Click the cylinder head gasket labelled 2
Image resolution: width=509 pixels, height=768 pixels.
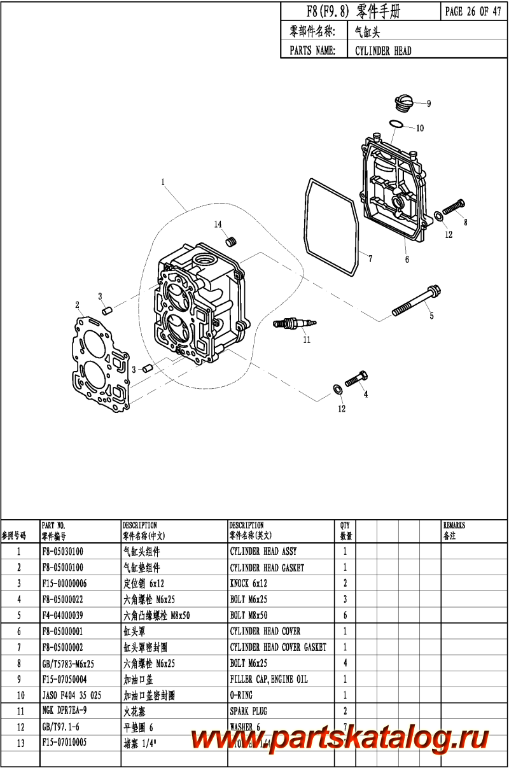pos(102,363)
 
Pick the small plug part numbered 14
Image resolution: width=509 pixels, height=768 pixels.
pos(232,242)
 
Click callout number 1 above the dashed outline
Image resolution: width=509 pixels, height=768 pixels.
pos(163,182)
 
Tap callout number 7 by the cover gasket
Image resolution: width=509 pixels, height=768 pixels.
pos(370,258)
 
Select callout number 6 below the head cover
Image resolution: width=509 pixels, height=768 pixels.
pos(407,259)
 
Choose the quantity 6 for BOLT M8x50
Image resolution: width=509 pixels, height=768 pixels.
pos(345,615)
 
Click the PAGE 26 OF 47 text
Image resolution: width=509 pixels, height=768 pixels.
pos(473,12)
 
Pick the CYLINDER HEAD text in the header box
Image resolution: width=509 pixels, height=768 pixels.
pos(383,51)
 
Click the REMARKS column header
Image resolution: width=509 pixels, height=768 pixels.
pos(454,526)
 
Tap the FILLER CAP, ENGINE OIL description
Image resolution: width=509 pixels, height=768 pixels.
pos(268,679)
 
